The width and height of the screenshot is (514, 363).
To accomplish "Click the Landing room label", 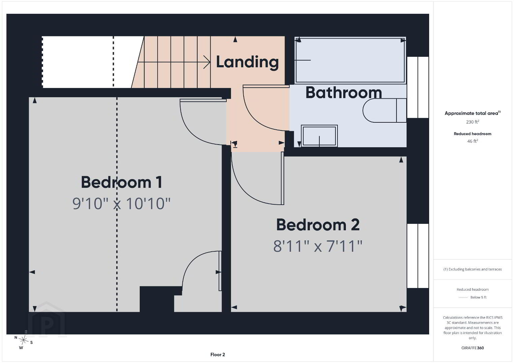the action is [247, 62].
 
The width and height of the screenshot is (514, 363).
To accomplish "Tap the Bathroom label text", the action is [344, 92].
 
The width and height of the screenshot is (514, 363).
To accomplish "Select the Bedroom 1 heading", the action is [122, 182].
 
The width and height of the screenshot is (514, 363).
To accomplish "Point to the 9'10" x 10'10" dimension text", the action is [121, 203].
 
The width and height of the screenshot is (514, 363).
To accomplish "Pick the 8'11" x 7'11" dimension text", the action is [318, 246].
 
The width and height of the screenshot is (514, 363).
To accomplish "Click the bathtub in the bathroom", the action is [350, 60].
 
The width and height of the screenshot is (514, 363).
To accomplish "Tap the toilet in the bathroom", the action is [385, 110].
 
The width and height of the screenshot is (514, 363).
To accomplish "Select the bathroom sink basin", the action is [319, 136].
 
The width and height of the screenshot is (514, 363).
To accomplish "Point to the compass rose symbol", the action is [23, 340].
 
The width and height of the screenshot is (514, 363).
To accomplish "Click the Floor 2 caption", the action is [218, 355].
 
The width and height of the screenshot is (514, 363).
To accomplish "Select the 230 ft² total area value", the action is [473, 122].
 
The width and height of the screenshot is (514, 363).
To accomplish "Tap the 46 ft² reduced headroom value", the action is [473, 141].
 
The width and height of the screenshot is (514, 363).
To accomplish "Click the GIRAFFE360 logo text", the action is [473, 348].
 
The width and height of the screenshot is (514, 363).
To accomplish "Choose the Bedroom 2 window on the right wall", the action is [418, 255].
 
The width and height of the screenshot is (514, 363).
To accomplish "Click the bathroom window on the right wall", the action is [418, 87].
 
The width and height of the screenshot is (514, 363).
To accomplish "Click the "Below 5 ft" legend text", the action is [478, 297].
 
